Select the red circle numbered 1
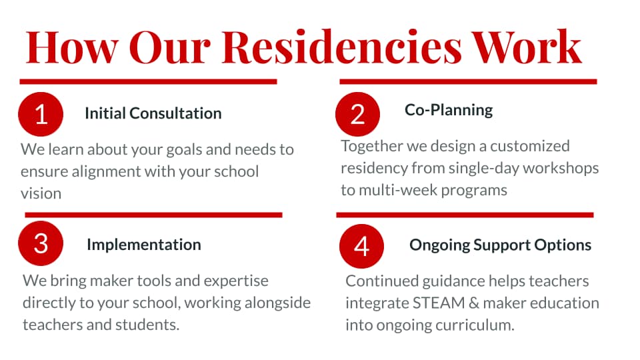(x=41, y=114)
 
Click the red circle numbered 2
(x=357, y=114)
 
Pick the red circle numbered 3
(x=41, y=243)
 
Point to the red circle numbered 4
(x=361, y=246)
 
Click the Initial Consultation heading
(x=153, y=113)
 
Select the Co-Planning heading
(x=449, y=110)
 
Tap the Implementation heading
(x=144, y=245)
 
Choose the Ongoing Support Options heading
(x=501, y=245)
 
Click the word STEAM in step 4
(x=439, y=303)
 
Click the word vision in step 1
(x=41, y=193)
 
